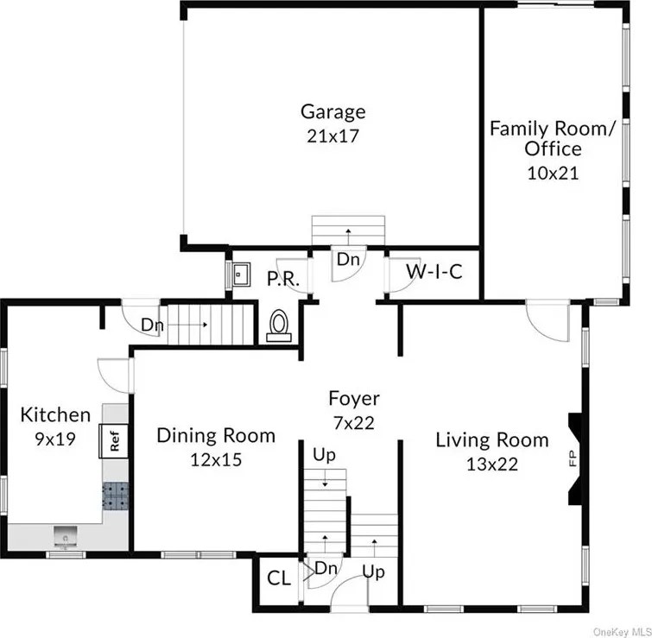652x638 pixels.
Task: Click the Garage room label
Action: coord(333,112)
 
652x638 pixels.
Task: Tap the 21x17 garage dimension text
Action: coord(332,136)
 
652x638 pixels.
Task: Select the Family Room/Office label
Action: coord(552,138)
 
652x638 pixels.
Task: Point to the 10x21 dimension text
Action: coord(553,173)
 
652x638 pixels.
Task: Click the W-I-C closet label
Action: coord(434,272)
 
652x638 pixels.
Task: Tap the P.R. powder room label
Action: coord(282,279)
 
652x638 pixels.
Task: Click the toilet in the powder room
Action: coord(279,326)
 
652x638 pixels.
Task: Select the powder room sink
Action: coord(241,274)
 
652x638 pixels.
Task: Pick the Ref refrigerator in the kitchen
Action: coord(113,441)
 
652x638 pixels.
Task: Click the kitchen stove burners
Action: coord(115,496)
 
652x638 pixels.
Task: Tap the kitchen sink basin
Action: coord(66,537)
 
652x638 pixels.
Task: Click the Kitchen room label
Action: coord(55,414)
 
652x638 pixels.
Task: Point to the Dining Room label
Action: coord(216,436)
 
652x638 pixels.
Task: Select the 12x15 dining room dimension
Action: coord(216,459)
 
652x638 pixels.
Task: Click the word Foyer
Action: coord(354,399)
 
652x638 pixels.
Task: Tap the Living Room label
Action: coord(492,440)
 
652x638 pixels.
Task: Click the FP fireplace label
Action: coord(573,459)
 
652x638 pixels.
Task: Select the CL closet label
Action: coord(279,578)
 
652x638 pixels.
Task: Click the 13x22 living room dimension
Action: coord(492,464)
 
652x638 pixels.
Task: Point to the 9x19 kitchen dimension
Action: coord(55,439)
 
